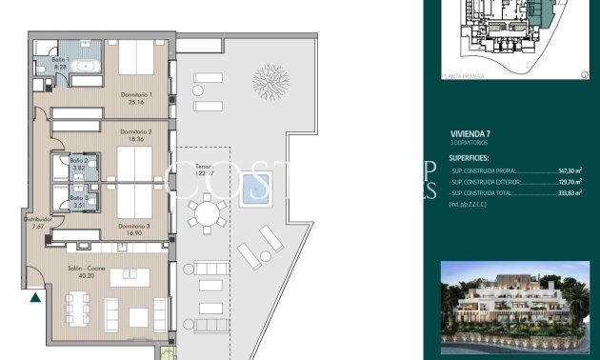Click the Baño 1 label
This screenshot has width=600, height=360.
click(x=60, y=63)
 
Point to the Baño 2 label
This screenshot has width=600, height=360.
click(x=78, y=164)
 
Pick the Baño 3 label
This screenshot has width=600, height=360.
click(x=78, y=200)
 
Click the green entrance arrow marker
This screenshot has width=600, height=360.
click(x=35, y=298)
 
